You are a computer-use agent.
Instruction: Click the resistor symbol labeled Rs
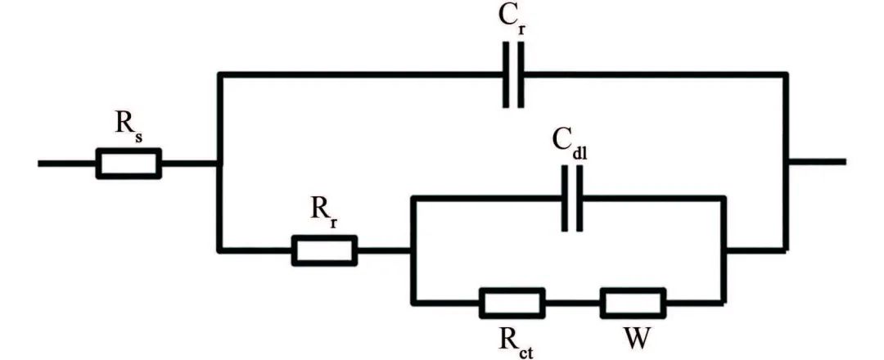(129, 163)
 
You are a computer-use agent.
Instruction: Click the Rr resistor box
(324, 250)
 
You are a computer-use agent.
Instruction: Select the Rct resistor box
(512, 303)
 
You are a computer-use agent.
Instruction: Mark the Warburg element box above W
(633, 303)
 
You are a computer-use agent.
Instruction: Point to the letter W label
(633, 338)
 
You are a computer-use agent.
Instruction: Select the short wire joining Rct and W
(572, 303)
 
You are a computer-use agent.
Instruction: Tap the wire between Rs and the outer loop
(190, 163)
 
